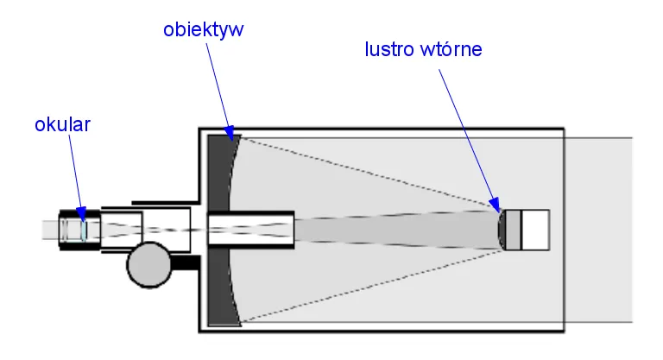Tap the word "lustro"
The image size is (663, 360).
[388, 49]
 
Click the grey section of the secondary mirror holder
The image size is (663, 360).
[513, 230]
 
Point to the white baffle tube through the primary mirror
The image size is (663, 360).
[250, 230]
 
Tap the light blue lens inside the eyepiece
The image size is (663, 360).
[84, 230]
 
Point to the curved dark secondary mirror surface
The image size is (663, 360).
[502, 230]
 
